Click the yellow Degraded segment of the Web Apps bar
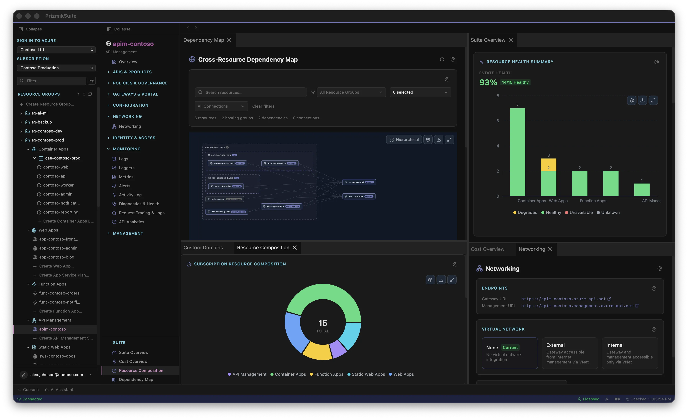click(x=548, y=165)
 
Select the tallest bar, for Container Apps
click(x=517, y=152)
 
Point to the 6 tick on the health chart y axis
click(x=498, y=121)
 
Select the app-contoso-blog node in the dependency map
click(x=226, y=186)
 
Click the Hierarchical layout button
click(x=404, y=140)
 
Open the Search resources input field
click(x=251, y=92)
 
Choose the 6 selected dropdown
click(x=420, y=92)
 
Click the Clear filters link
click(x=263, y=106)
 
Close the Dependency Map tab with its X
click(x=229, y=40)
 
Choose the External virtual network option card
click(x=570, y=353)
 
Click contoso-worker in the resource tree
click(x=58, y=185)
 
